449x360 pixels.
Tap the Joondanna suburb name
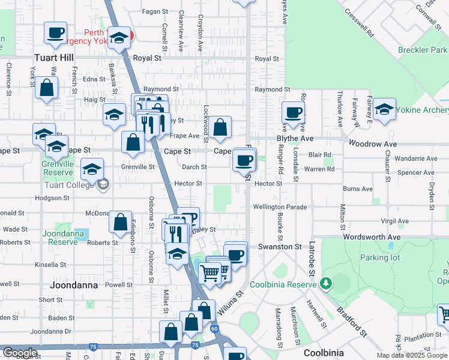(x=74, y=285)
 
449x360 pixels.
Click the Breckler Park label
(x=422, y=50)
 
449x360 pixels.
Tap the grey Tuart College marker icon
(x=103, y=184)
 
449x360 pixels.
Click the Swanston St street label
(x=279, y=247)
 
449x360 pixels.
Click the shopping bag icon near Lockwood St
(x=220, y=127)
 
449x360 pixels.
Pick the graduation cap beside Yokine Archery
(x=384, y=108)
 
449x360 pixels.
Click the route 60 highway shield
(x=214, y=328)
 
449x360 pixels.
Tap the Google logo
(x=20, y=353)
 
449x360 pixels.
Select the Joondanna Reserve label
(x=60, y=238)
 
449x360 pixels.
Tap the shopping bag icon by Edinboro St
(x=121, y=221)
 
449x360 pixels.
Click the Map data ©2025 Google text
(x=412, y=355)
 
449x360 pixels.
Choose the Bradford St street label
(x=351, y=316)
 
